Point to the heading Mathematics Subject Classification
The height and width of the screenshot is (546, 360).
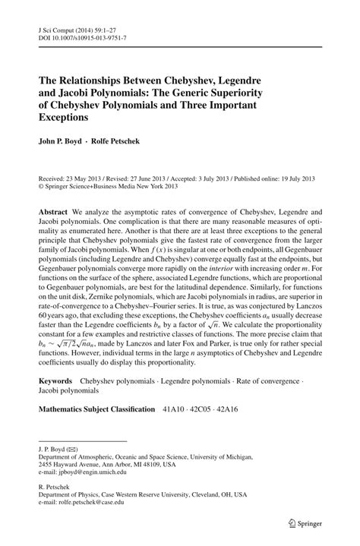[x=96, y=409]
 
